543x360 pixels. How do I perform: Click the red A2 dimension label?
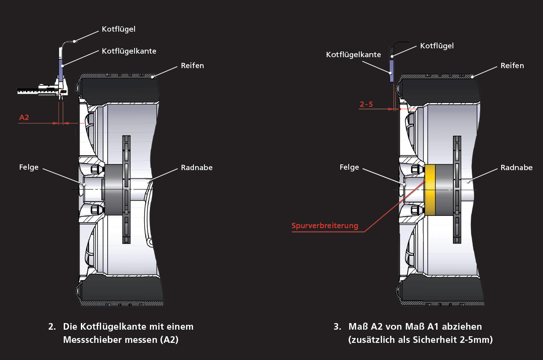click(24, 117)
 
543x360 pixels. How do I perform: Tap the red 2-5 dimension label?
click(366, 104)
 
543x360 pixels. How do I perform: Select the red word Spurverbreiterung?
click(325, 225)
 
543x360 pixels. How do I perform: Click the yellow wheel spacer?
click(430, 190)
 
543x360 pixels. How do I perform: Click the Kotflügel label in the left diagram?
click(119, 29)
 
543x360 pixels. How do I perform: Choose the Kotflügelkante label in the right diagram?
click(353, 55)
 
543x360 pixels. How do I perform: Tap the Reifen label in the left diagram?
click(193, 65)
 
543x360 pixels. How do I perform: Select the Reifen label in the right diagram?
click(512, 65)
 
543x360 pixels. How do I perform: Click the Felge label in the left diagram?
click(29, 167)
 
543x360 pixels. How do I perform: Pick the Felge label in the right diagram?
click(349, 167)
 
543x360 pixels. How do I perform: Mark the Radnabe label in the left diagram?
click(197, 167)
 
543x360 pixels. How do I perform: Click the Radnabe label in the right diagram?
click(517, 167)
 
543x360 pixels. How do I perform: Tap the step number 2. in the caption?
click(52, 327)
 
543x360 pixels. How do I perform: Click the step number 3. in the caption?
click(337, 327)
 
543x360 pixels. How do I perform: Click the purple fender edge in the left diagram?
click(61, 70)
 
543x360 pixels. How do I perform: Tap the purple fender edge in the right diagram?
click(391, 71)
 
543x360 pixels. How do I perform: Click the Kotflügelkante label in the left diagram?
click(129, 51)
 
